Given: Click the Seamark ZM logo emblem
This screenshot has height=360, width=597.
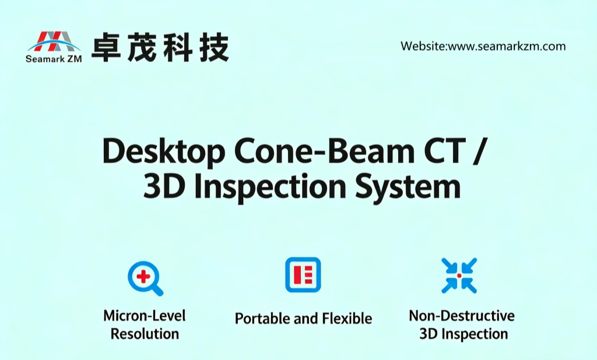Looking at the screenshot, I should (x=53, y=41).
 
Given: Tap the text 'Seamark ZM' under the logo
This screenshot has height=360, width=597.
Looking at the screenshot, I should (x=53, y=58).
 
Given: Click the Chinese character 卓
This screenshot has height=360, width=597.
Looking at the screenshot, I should (x=106, y=47).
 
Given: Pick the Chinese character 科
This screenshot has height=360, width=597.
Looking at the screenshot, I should (x=177, y=47).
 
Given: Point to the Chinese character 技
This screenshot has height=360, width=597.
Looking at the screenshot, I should (x=212, y=47).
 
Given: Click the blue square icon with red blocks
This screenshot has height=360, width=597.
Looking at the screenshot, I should (x=303, y=274).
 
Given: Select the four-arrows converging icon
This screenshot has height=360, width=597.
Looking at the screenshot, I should (x=459, y=275).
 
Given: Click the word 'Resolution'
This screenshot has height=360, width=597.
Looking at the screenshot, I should (x=145, y=334).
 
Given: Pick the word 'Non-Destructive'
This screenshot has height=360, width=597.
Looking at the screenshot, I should (x=462, y=316).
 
